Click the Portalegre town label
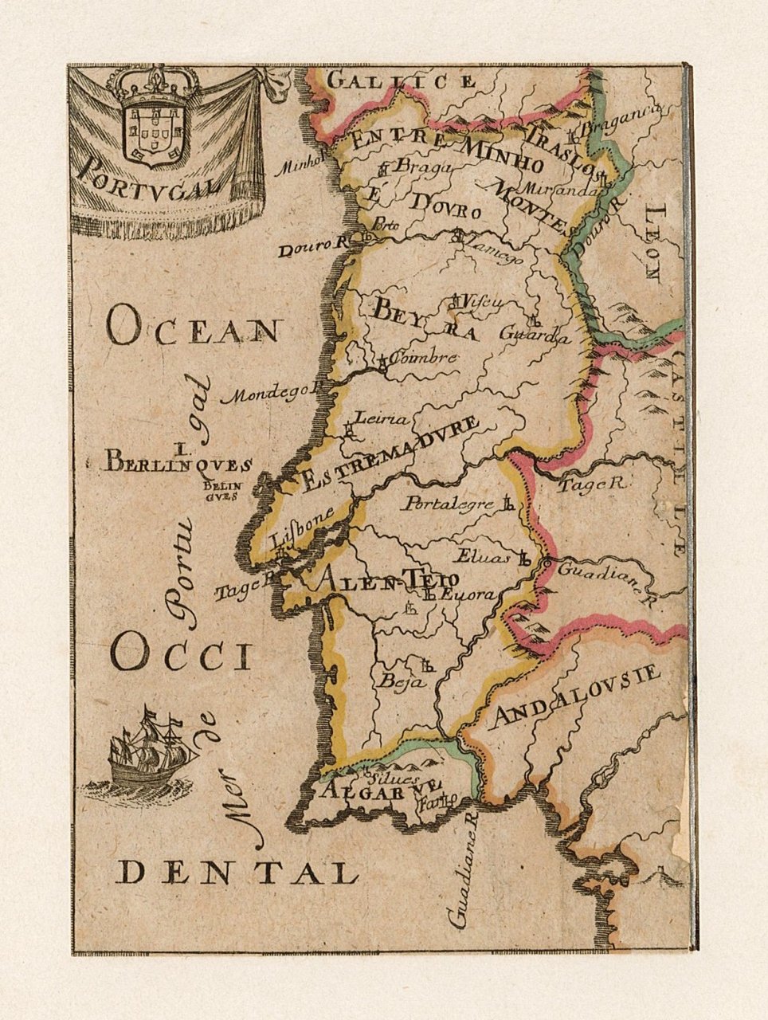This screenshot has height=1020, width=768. click(x=449, y=504)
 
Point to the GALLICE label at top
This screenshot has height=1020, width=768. click(x=402, y=80)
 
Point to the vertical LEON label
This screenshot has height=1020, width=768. click(x=652, y=242)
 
